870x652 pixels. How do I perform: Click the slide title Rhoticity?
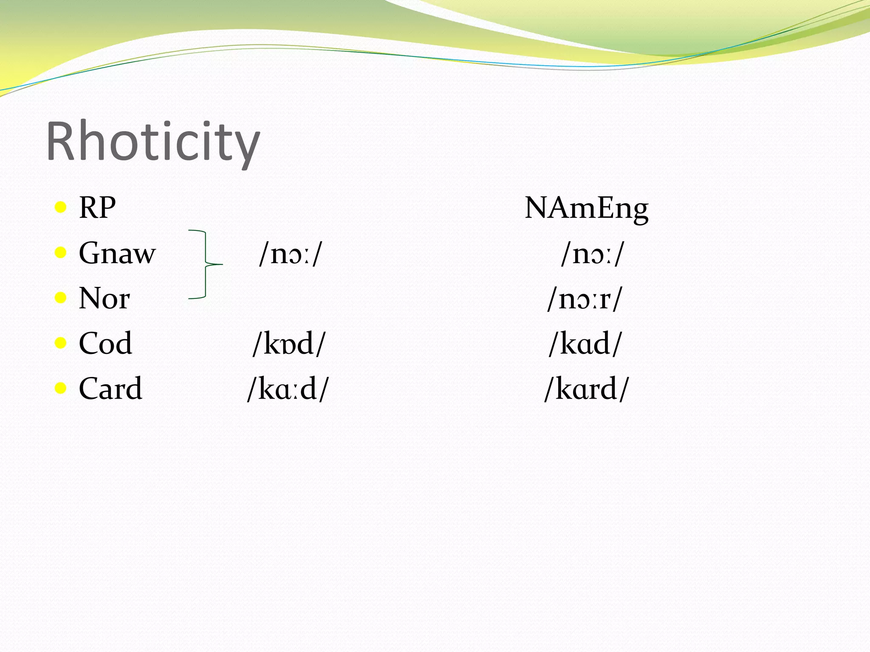(153, 142)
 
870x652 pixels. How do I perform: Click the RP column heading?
(97, 208)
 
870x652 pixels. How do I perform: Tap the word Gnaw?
(117, 253)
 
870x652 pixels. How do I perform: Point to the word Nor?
(105, 298)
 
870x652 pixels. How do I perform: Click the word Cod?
(105, 343)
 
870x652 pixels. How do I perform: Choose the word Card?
(110, 388)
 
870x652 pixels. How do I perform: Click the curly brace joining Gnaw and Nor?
(206, 264)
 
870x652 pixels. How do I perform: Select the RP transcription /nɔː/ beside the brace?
(291, 254)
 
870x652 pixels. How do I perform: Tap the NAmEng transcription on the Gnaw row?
(593, 254)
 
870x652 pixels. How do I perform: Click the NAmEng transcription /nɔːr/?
(585, 299)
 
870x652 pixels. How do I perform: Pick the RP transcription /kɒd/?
(289, 344)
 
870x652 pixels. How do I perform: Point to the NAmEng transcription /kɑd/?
(585, 344)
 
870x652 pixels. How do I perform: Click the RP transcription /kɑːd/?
(288, 389)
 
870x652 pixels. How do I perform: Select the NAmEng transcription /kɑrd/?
(586, 389)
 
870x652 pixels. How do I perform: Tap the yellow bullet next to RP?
(61, 208)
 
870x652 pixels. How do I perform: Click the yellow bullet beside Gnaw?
(61, 253)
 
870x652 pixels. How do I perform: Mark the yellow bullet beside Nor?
(61, 298)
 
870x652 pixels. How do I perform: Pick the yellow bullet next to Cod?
(61, 343)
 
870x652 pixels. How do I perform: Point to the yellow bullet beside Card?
(61, 388)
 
